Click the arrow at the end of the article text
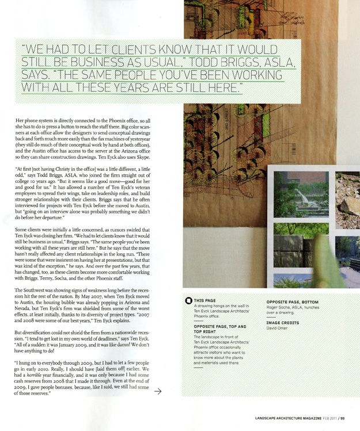(x=158, y=391)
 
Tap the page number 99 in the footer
(x=344, y=418)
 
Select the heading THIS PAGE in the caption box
(x=206, y=301)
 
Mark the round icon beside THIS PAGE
(x=188, y=301)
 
